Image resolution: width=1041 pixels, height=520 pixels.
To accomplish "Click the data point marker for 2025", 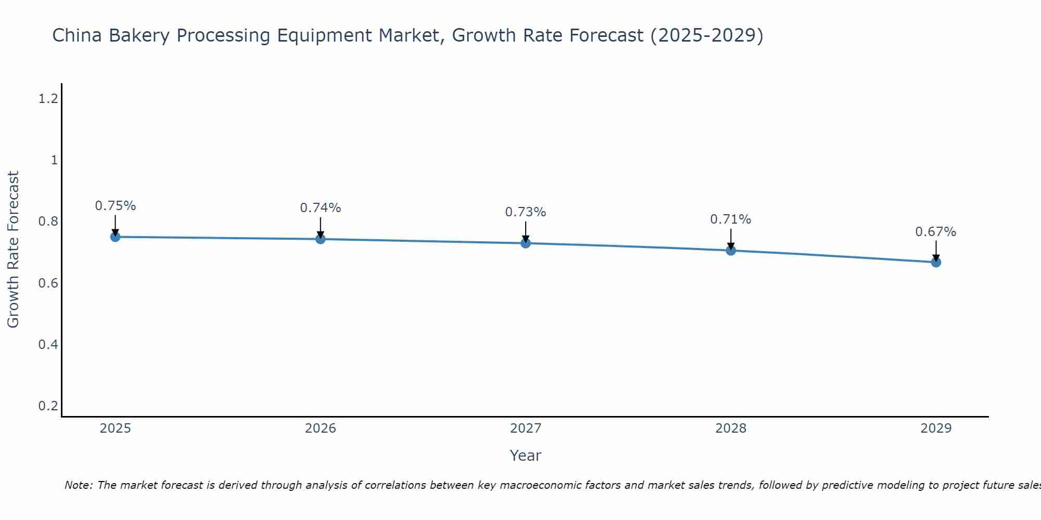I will [115, 237].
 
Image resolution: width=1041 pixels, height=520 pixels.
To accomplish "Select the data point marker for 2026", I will [320, 239].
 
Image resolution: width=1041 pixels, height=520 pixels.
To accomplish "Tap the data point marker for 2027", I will [525, 243].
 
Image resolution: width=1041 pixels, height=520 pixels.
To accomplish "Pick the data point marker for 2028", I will [730, 251].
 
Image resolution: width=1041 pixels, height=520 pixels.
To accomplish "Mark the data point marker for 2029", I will [935, 263].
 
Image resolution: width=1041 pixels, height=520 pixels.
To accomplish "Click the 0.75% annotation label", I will [115, 206].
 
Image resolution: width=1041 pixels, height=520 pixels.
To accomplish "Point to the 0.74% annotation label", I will [320, 208].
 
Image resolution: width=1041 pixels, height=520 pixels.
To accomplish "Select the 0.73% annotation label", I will [525, 212].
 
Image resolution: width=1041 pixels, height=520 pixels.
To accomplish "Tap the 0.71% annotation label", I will [730, 219].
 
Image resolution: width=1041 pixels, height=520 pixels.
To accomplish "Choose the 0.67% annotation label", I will [935, 232].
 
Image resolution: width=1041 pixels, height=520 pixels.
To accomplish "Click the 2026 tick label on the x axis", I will [320, 428].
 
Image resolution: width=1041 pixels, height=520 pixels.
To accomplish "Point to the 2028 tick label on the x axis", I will [730, 428].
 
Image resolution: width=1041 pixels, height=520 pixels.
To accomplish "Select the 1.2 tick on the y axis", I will [48, 98].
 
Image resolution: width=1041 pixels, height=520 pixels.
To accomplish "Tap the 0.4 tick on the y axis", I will [48, 344].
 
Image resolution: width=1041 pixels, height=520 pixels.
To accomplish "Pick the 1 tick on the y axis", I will [54, 160].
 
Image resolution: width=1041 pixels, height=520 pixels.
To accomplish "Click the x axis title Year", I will [525, 456].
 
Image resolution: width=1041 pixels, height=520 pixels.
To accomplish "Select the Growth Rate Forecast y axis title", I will [14, 250].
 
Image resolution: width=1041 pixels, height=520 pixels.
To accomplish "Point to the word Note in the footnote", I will [78, 485].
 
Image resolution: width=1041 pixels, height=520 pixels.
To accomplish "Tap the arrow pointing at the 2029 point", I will [935, 250].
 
